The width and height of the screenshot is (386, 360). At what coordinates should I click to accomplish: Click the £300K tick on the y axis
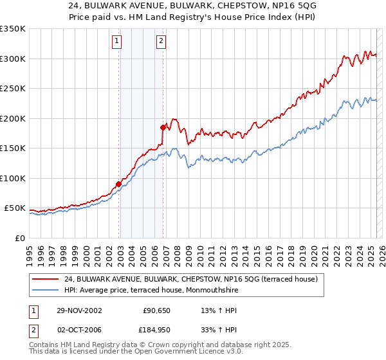13,59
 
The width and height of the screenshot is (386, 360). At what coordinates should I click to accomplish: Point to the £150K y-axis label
13,148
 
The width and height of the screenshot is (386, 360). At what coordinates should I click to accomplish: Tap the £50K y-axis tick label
15,208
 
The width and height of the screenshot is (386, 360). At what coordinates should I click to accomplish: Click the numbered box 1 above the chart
116,42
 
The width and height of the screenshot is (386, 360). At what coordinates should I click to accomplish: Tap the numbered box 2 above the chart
160,42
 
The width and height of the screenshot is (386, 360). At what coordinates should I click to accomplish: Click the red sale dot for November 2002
119,184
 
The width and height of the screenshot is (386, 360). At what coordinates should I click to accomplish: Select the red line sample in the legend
46,279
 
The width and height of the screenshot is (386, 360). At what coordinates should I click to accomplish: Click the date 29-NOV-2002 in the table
79,310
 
